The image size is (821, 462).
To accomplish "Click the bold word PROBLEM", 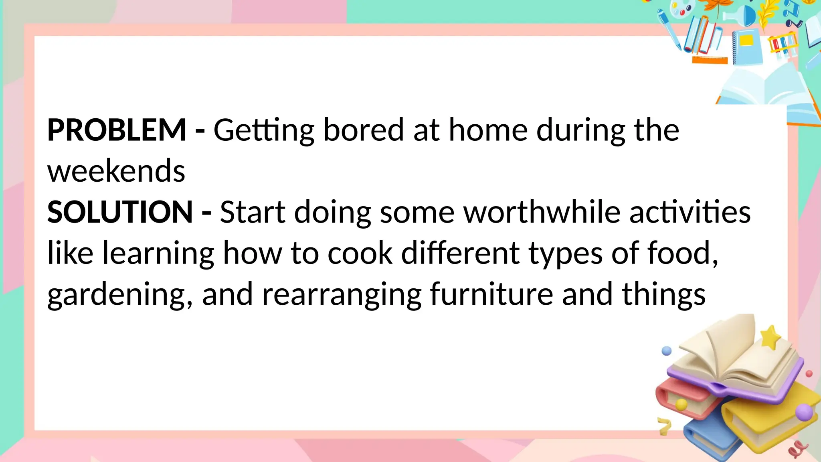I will click(x=117, y=130).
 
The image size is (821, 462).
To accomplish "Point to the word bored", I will click(x=363, y=130).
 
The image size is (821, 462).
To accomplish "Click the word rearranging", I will click(x=341, y=295).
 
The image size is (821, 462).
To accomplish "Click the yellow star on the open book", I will click(x=770, y=337).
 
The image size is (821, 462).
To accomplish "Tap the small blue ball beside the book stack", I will click(x=667, y=351).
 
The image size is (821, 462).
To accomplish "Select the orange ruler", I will click(x=710, y=60).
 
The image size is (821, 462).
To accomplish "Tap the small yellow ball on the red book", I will click(x=681, y=404).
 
